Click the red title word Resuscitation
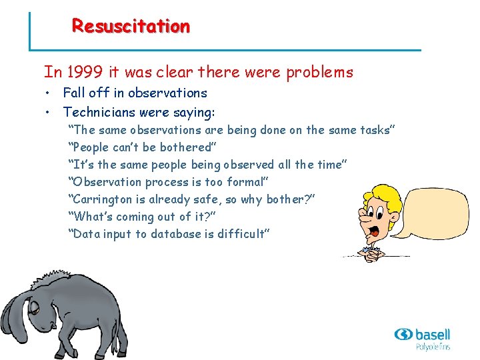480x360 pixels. click(x=131, y=27)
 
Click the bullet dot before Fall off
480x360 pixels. click(x=48, y=93)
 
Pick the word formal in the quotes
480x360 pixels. click(x=246, y=182)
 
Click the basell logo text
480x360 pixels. click(x=433, y=334)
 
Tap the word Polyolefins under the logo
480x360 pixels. click(x=433, y=347)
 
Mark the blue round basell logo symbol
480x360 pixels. click(x=404, y=334)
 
